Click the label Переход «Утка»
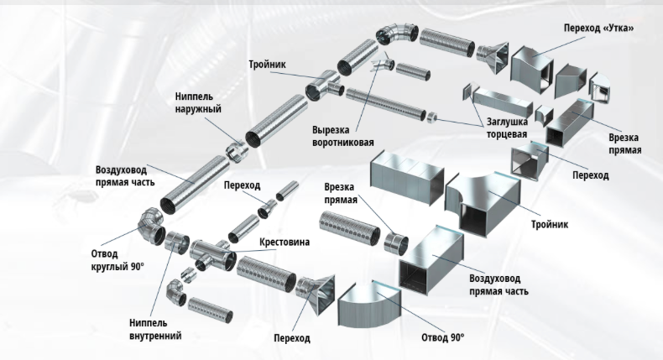click(598, 28)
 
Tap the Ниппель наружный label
click(198, 102)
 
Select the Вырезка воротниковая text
click(343, 136)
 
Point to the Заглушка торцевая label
click(507, 128)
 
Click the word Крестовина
click(285, 242)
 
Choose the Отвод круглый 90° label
click(117, 260)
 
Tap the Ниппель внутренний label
click(155, 329)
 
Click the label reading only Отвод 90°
click(443, 337)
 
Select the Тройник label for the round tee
click(267, 65)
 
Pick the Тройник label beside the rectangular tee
click(550, 224)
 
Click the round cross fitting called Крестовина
click(212, 254)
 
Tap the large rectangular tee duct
click(483, 203)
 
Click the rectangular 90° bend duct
click(368, 305)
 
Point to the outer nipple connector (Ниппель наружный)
click(235, 150)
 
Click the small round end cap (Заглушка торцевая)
click(431, 117)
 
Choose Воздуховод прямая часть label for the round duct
click(125, 176)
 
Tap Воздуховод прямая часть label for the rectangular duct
click(499, 284)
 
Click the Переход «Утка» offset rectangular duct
click(532, 65)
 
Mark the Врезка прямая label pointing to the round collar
click(341, 193)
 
